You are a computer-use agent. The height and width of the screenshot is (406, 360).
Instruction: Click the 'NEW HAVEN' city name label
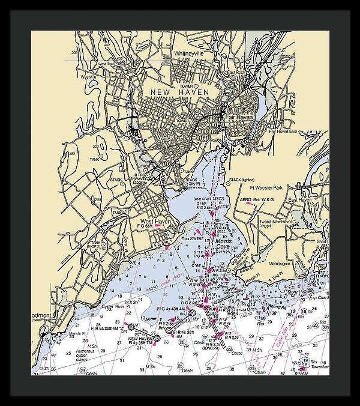[179, 91]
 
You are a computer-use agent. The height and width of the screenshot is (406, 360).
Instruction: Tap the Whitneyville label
[189, 53]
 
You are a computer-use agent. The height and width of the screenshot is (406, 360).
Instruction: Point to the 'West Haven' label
[155, 221]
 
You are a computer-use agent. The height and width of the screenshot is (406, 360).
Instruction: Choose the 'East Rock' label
[236, 73]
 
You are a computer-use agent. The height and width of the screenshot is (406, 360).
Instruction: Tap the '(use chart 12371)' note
[207, 198]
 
